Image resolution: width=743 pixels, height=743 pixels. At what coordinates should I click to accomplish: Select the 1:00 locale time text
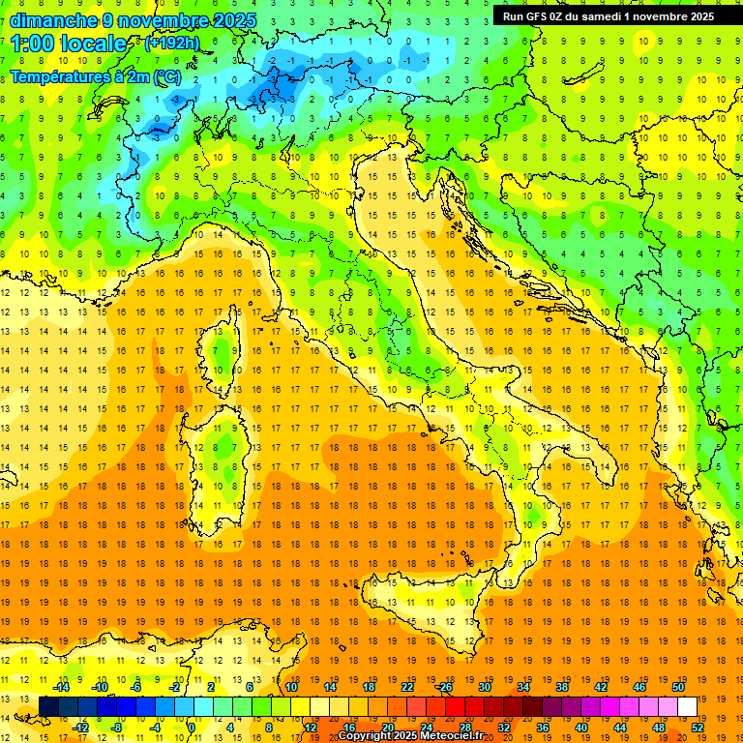coord(70,45)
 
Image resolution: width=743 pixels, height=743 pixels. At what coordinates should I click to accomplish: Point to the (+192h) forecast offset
coord(173,44)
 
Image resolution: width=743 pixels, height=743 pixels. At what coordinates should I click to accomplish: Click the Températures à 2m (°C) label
coord(95,76)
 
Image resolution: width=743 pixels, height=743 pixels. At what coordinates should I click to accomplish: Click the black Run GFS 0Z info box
coord(608,15)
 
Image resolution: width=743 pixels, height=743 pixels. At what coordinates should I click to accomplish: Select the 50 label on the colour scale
coord(678,686)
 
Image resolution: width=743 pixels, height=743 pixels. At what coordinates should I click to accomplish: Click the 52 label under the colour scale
coord(698,728)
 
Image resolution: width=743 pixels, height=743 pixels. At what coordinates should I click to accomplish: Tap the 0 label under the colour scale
coord(192,728)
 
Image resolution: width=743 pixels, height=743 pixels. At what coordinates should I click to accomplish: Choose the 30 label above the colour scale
coord(485,686)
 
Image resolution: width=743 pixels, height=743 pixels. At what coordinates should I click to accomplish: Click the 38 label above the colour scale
coord(562,686)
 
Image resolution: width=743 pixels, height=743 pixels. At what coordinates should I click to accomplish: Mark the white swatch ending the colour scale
coord(687,706)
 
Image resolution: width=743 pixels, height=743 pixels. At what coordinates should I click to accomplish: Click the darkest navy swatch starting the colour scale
coord(48,706)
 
